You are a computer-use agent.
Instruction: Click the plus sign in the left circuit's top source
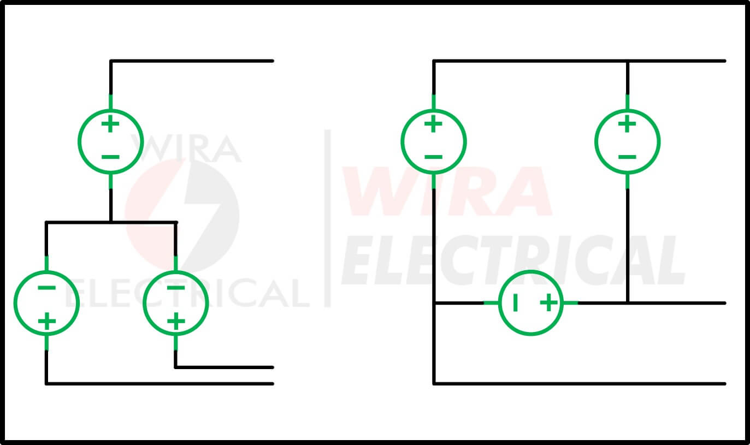coord(110,124)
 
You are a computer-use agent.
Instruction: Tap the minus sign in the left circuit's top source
coord(110,157)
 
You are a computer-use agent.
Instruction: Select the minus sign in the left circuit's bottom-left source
coord(46,287)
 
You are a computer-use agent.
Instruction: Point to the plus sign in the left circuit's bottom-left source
coord(46,321)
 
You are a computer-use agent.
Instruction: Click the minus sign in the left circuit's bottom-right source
coord(176,287)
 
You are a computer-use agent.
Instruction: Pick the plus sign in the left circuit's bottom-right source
coord(176,321)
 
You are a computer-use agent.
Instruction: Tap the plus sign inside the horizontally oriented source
coord(549,303)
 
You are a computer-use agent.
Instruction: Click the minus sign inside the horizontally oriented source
coord(515,303)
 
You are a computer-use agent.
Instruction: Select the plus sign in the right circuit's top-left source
coord(433,124)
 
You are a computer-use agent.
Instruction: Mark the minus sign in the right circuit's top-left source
coord(433,157)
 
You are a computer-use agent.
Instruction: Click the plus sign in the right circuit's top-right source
coord(627,124)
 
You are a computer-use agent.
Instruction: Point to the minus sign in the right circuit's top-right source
coord(627,157)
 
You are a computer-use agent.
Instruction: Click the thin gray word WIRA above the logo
coord(186,148)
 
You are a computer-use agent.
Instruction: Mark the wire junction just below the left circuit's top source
coord(111,222)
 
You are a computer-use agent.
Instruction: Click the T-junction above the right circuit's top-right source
coord(628,61)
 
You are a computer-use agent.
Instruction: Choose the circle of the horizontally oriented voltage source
coord(531,271)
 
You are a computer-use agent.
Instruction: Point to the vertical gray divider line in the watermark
coord(328,218)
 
